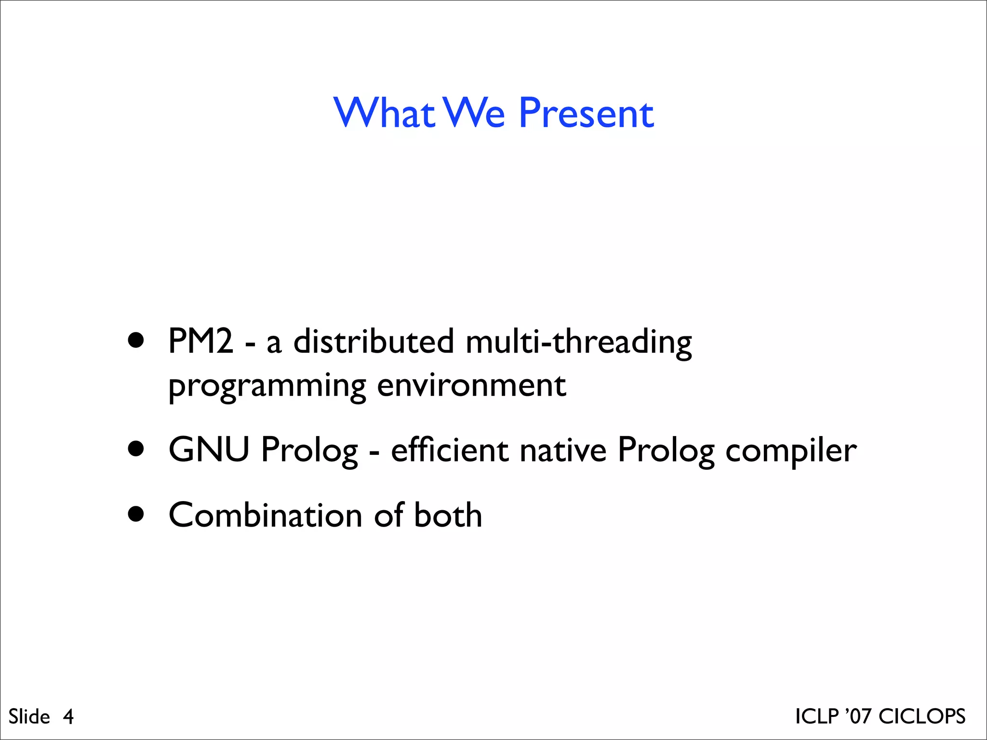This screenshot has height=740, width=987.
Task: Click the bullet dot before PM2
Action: (x=136, y=340)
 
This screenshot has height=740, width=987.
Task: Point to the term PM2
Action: (x=200, y=341)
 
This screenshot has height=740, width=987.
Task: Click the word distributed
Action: (x=373, y=341)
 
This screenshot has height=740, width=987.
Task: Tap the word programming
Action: (x=267, y=386)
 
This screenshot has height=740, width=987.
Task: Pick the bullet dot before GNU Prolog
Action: (x=136, y=449)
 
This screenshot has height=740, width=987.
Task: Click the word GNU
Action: (x=209, y=449)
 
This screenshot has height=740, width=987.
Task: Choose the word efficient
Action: (x=449, y=449)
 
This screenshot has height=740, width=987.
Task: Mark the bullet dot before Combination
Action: (x=136, y=514)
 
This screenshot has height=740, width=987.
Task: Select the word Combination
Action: (x=265, y=515)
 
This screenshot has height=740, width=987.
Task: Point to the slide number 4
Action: (x=68, y=717)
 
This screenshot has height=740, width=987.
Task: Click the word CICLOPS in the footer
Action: (x=922, y=716)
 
